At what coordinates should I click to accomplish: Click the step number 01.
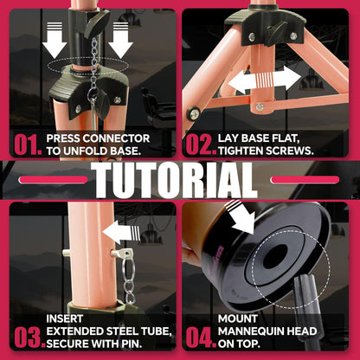click(x=28, y=145)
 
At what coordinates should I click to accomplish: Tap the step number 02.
click(x=201, y=145)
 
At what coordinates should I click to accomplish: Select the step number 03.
click(x=29, y=337)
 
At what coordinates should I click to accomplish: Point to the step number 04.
click(x=201, y=337)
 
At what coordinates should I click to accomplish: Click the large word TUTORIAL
click(x=175, y=180)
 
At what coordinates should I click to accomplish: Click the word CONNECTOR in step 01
click(x=118, y=138)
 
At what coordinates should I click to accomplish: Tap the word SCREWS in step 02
click(x=288, y=151)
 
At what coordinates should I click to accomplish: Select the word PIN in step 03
click(x=132, y=344)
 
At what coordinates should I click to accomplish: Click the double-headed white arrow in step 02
click(x=264, y=79)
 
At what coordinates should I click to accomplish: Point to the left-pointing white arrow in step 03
click(x=121, y=232)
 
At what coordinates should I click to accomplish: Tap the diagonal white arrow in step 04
click(x=241, y=217)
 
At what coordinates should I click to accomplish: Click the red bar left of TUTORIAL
click(x=53, y=180)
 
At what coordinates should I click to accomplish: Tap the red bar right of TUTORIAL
click(x=305, y=180)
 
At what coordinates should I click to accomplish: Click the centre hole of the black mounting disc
click(x=276, y=256)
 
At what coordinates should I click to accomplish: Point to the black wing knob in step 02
click(x=274, y=34)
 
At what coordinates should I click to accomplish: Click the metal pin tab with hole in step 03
click(x=121, y=254)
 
